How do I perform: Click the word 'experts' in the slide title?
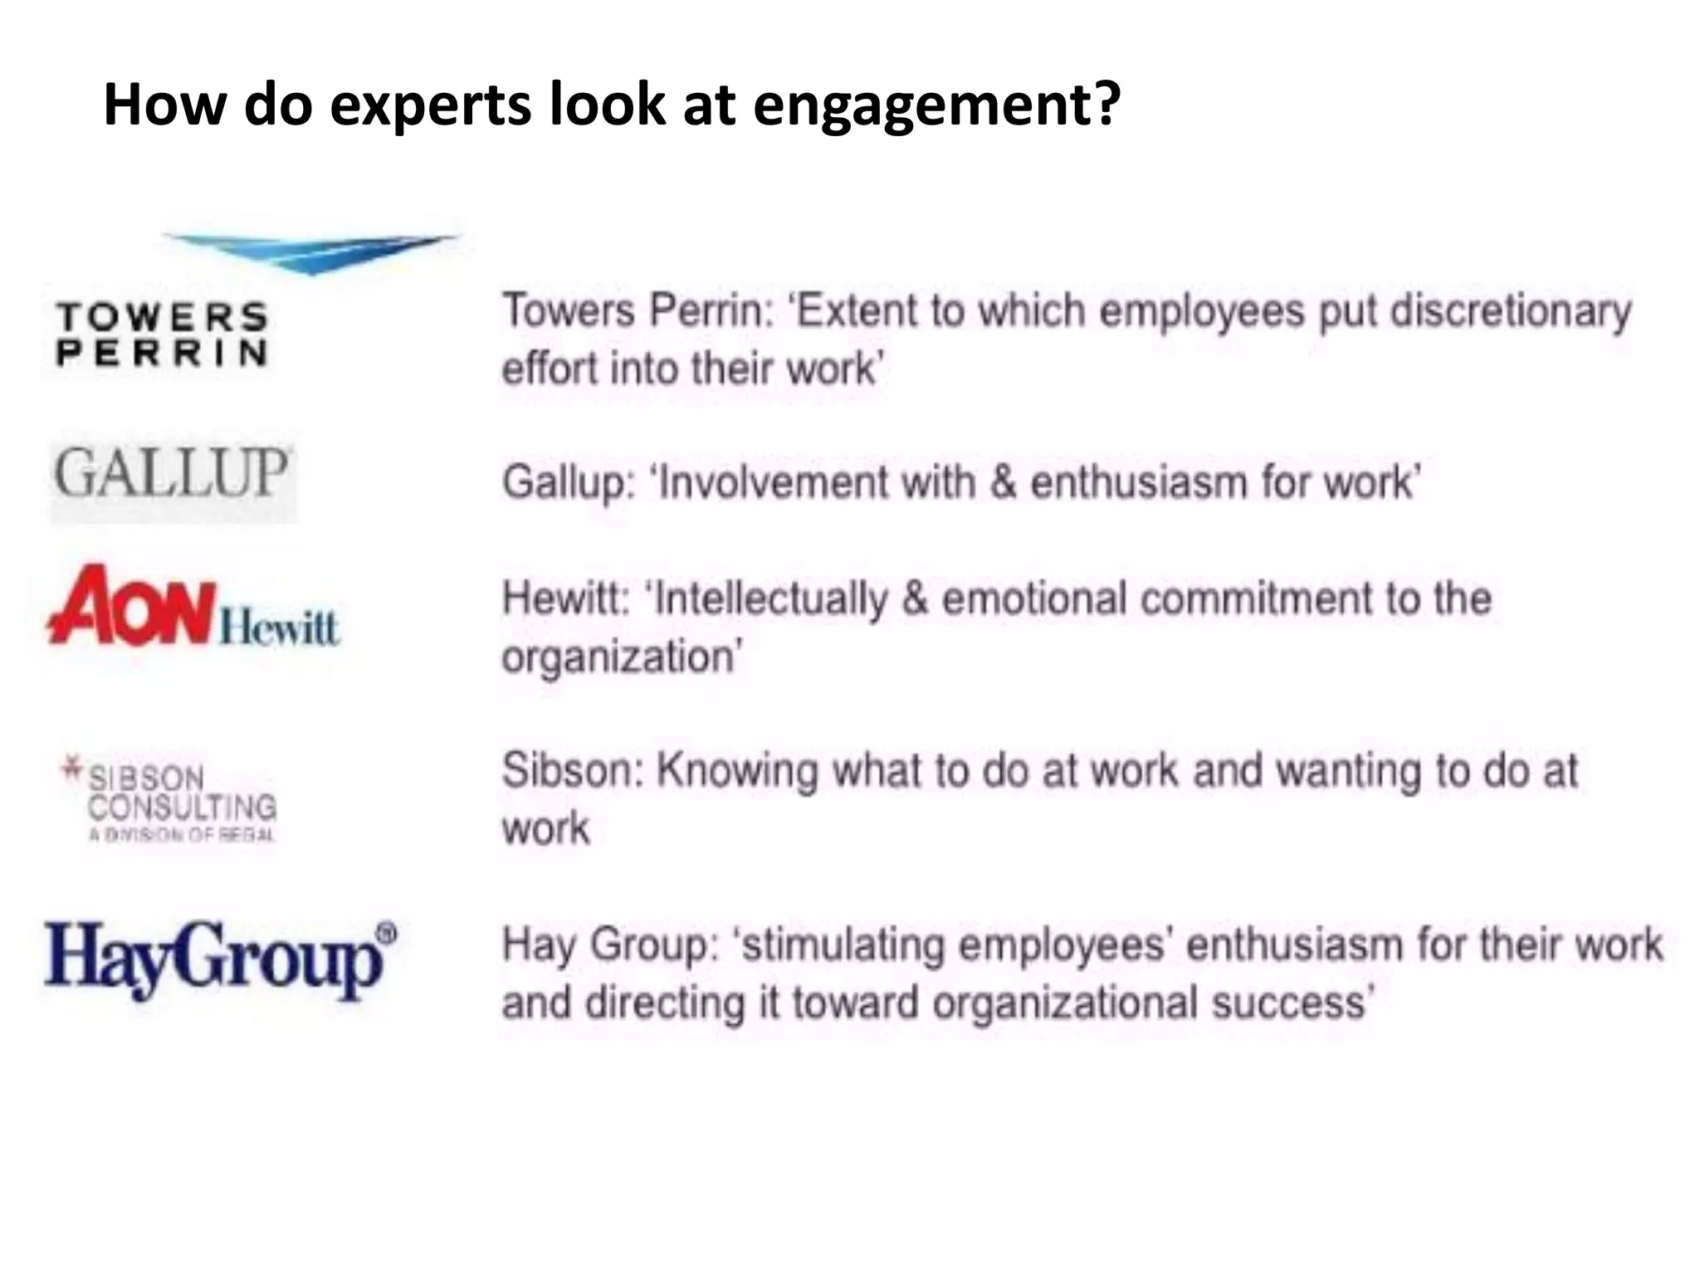(431, 105)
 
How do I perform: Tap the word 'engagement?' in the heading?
(937, 105)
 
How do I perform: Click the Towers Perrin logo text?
(163, 334)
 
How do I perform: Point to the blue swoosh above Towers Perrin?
(311, 252)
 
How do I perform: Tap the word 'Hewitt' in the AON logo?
(280, 627)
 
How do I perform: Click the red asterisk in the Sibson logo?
(73, 768)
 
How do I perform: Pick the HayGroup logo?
(214, 960)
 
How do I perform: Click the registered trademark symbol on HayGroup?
(386, 932)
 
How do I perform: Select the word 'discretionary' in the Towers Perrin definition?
(1511, 312)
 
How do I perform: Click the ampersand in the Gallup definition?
(1003, 482)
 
